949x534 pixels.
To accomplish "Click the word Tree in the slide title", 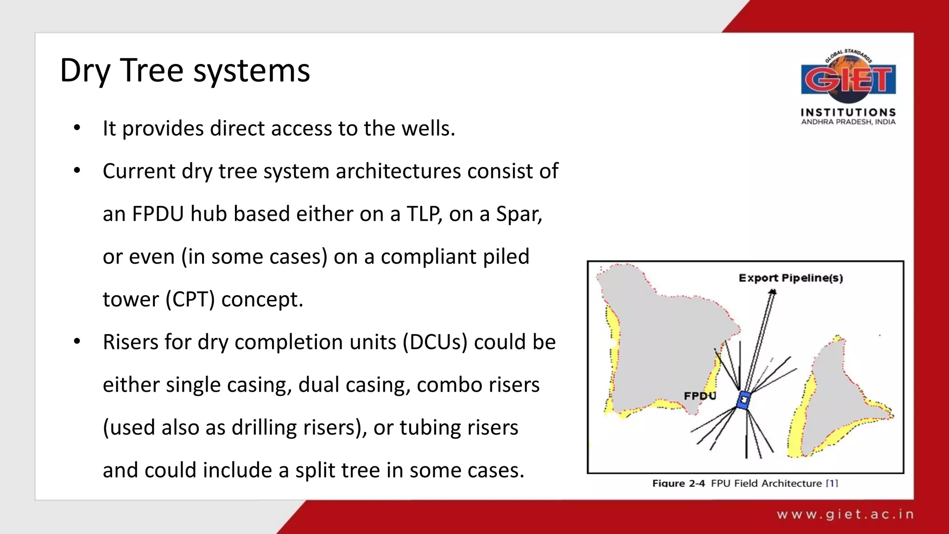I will tap(152, 71).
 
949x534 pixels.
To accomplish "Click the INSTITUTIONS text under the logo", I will tap(848, 112).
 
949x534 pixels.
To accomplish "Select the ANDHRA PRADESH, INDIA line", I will tap(848, 122).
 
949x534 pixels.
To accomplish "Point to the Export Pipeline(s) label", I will tap(791, 278).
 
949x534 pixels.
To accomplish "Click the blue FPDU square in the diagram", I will tap(744, 400).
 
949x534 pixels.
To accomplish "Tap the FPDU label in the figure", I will tap(700, 396).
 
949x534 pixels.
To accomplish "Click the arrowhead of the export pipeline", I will tap(772, 292).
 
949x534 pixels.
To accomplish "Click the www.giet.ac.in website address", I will tap(845, 515).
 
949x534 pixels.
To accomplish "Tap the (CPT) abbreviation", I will tap(190, 299).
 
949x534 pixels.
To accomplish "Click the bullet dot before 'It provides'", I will tap(77, 128).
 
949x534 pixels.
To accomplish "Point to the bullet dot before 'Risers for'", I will tap(77, 342).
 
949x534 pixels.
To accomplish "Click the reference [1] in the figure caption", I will tap(832, 483).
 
